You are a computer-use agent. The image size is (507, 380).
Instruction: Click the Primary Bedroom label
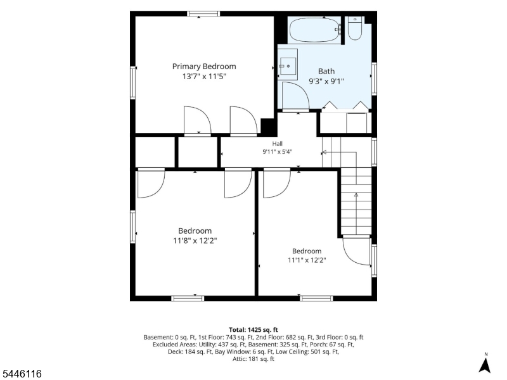pyautogui.click(x=204, y=66)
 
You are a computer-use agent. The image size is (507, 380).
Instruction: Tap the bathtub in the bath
pyautogui.click(x=314, y=30)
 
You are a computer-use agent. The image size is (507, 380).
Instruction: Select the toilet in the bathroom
pyautogui.click(x=355, y=29)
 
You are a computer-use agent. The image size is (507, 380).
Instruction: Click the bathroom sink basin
pyautogui.click(x=288, y=66)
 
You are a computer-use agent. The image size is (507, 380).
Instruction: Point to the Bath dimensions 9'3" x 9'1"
pyautogui.click(x=326, y=81)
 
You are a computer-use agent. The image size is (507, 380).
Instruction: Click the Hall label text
pyautogui.click(x=277, y=144)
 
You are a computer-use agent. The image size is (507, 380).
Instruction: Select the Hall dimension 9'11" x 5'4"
pyautogui.click(x=277, y=151)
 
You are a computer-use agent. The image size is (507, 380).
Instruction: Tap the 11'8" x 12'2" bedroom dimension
pyautogui.click(x=195, y=241)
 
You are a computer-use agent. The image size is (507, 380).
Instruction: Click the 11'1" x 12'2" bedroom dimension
pyautogui.click(x=307, y=260)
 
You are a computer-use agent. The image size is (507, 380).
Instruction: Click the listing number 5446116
pyautogui.click(x=21, y=374)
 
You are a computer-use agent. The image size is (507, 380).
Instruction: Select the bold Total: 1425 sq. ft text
pyautogui.click(x=253, y=330)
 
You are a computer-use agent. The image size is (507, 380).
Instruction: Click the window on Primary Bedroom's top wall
pyautogui.click(x=203, y=13)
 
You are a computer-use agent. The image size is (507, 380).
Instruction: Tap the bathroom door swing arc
pyautogui.click(x=304, y=90)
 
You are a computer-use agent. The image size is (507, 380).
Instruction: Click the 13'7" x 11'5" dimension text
pyautogui.click(x=204, y=77)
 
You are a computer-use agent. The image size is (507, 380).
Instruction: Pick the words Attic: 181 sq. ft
pyautogui.click(x=253, y=359)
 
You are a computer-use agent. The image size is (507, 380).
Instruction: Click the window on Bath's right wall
pyautogui.click(x=374, y=79)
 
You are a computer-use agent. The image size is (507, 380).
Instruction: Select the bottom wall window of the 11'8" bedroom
pyautogui.click(x=188, y=298)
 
